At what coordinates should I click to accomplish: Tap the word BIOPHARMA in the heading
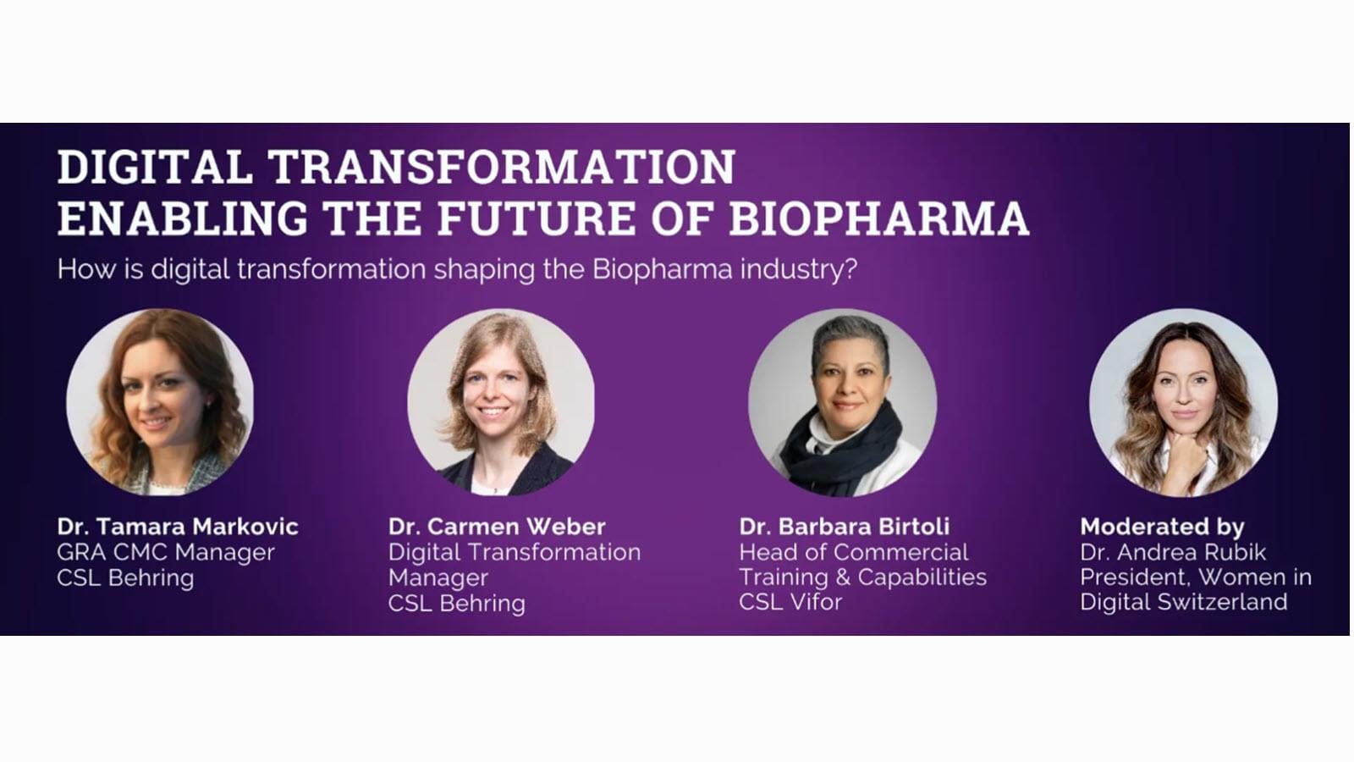pyautogui.click(x=879, y=218)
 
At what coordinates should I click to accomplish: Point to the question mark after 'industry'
pyautogui.click(x=850, y=268)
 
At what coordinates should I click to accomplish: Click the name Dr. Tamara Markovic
pyautogui.click(x=178, y=526)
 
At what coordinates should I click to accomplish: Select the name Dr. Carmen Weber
pyautogui.click(x=497, y=526)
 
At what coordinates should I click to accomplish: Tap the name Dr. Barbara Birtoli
pyautogui.click(x=845, y=526)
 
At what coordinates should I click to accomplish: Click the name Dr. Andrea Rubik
pyautogui.click(x=1173, y=552)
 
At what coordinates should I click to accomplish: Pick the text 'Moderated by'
pyautogui.click(x=1163, y=527)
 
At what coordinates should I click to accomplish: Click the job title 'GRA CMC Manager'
pyautogui.click(x=166, y=552)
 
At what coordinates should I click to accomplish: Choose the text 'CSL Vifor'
pyautogui.click(x=790, y=602)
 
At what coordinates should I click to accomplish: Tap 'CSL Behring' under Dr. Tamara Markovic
pyautogui.click(x=126, y=578)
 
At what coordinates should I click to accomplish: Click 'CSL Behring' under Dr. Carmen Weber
pyautogui.click(x=457, y=604)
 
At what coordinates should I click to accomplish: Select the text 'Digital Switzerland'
pyautogui.click(x=1184, y=602)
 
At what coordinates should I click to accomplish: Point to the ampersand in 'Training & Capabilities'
pyautogui.click(x=843, y=577)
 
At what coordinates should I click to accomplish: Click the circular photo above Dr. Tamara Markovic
pyautogui.click(x=160, y=403)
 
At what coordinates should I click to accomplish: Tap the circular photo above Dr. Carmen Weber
pyautogui.click(x=501, y=403)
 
